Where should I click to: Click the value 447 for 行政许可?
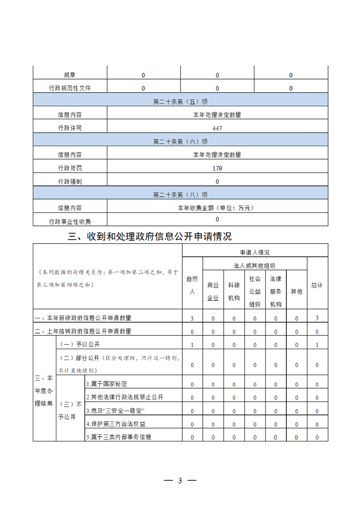click(x=217, y=128)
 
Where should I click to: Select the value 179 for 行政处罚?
click(x=217, y=168)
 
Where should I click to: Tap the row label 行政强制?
click(x=70, y=181)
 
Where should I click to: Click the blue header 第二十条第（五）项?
click(x=180, y=102)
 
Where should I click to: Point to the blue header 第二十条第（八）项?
click(x=180, y=195)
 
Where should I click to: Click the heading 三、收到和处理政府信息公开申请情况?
click(x=150, y=236)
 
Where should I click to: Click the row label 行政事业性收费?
click(x=70, y=222)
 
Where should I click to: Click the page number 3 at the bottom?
click(x=180, y=481)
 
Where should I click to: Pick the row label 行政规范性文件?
click(x=70, y=88)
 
